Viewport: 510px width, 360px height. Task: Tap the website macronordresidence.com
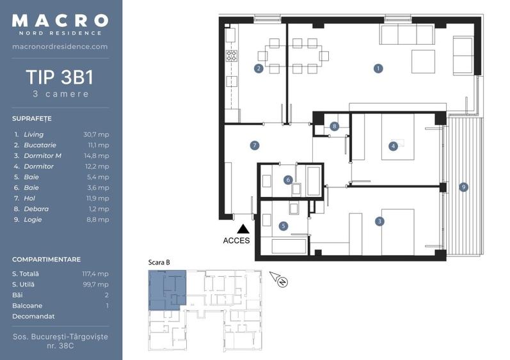(60, 47)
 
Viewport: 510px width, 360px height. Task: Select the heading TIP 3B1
(60, 77)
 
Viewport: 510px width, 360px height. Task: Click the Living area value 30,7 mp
(96, 135)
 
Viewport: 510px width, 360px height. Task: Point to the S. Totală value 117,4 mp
(96, 274)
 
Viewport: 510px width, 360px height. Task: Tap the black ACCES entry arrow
(243, 228)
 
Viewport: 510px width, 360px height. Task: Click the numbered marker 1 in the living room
(378, 68)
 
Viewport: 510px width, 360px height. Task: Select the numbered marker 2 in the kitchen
(259, 68)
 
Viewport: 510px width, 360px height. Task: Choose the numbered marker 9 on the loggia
(463, 187)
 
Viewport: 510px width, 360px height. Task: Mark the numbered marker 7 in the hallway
(255, 146)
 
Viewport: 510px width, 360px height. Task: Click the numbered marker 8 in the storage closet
(334, 127)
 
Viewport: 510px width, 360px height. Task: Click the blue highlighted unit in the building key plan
(168, 289)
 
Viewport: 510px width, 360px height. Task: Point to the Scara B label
(159, 262)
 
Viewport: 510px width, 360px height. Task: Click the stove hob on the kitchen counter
(232, 56)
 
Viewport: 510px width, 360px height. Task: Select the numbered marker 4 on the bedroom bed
(393, 146)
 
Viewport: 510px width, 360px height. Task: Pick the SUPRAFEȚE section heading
(31, 119)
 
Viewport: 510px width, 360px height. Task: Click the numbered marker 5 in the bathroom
(283, 226)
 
